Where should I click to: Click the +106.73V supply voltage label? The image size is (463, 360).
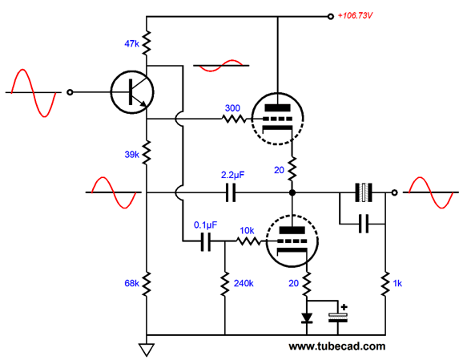click(x=355, y=15)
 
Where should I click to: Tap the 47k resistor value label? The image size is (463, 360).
click(x=131, y=44)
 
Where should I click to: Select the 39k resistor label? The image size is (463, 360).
click(x=131, y=154)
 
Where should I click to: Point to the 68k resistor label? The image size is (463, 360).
click(x=131, y=283)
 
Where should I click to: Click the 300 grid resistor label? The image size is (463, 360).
click(x=232, y=108)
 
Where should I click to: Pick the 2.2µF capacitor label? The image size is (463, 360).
click(x=232, y=175)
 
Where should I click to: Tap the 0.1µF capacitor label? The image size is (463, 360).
click(x=205, y=225)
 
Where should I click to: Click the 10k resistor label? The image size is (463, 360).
click(x=247, y=230)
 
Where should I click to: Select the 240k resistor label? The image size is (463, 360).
click(x=244, y=284)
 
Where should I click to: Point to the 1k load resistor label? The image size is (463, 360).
click(x=397, y=284)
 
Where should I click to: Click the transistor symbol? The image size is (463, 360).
click(x=132, y=92)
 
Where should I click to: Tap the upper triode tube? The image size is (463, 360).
click(x=277, y=119)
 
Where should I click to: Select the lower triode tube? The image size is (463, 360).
click(x=292, y=241)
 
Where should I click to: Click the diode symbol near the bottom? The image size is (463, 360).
click(x=307, y=318)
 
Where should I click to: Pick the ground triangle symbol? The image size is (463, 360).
click(x=147, y=350)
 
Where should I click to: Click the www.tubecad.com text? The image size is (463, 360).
click(x=337, y=346)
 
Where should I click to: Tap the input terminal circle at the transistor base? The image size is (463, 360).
click(x=70, y=92)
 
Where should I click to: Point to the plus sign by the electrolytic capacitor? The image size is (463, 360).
click(x=344, y=307)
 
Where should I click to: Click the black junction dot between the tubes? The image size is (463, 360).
click(x=292, y=192)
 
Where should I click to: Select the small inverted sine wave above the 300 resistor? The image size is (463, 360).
click(x=221, y=66)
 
